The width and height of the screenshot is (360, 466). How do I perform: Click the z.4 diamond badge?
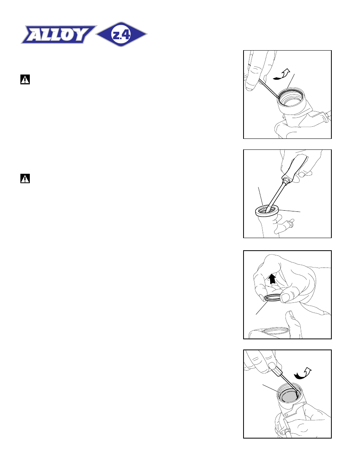(121, 34)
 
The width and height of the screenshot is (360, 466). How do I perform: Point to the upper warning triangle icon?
(25, 80)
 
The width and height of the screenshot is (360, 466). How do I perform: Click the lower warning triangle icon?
(25, 178)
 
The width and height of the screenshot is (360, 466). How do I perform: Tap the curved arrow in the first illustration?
(281, 74)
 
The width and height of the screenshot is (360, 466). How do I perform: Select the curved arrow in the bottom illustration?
(302, 373)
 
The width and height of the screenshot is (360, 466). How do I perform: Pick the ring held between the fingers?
(273, 298)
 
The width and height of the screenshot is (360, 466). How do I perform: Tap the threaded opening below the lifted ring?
(270, 331)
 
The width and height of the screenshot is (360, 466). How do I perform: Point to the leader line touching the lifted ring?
(262, 307)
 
